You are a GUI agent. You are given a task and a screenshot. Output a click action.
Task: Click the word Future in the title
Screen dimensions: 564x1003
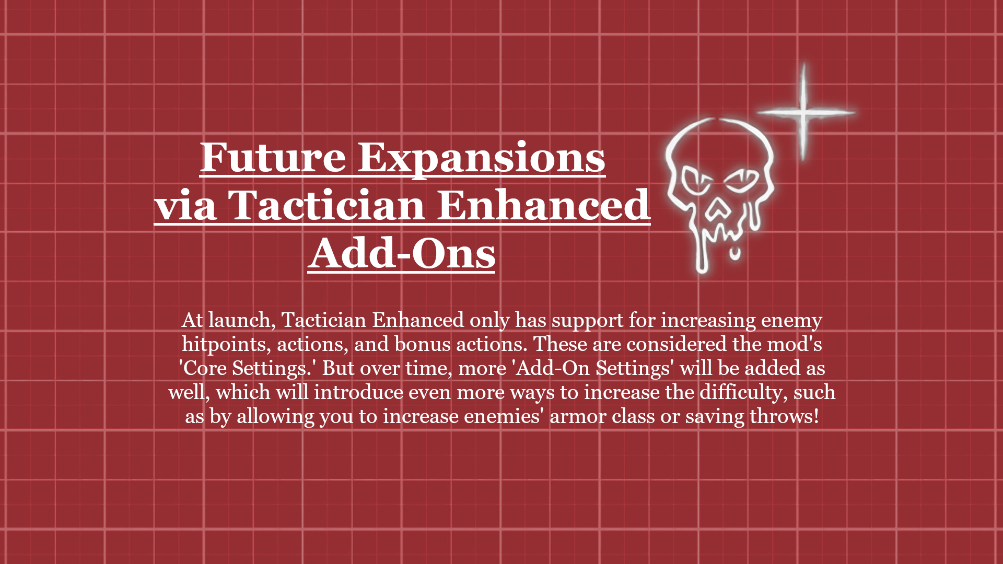[273, 157]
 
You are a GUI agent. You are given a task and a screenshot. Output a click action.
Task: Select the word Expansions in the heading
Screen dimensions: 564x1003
[481, 158]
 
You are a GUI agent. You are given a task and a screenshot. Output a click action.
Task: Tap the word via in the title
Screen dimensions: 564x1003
[186, 205]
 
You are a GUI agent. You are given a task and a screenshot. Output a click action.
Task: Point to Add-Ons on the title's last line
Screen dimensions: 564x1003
[401, 253]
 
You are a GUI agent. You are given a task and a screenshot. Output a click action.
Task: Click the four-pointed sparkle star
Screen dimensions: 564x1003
[804, 112]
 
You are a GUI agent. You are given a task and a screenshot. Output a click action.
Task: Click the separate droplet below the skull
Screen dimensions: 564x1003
[735, 254]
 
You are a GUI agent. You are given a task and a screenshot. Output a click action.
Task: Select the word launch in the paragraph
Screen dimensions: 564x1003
[241, 320]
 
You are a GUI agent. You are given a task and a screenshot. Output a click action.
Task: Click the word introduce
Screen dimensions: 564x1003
[358, 392]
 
